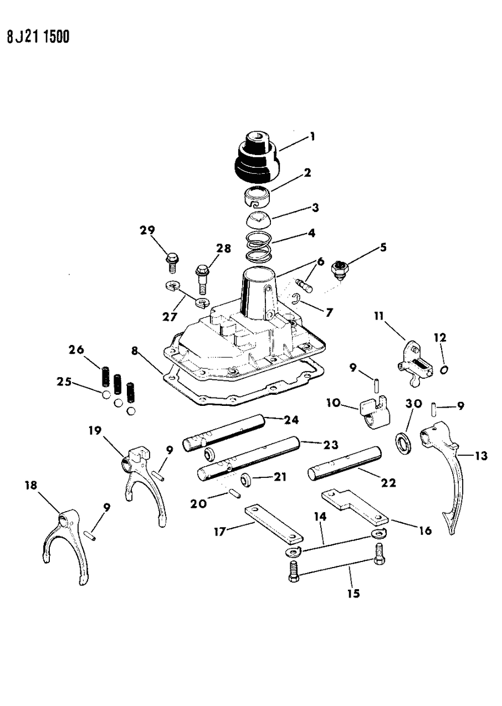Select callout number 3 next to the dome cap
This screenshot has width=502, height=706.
[315, 208]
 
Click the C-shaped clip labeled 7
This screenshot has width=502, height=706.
[297, 300]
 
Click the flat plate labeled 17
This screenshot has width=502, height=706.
[274, 524]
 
